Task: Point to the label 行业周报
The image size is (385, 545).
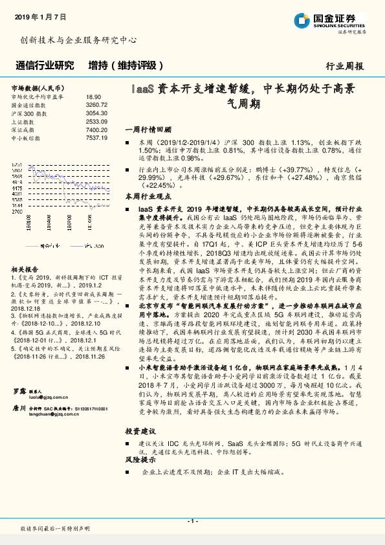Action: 345,66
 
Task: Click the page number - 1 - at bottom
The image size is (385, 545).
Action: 192,521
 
